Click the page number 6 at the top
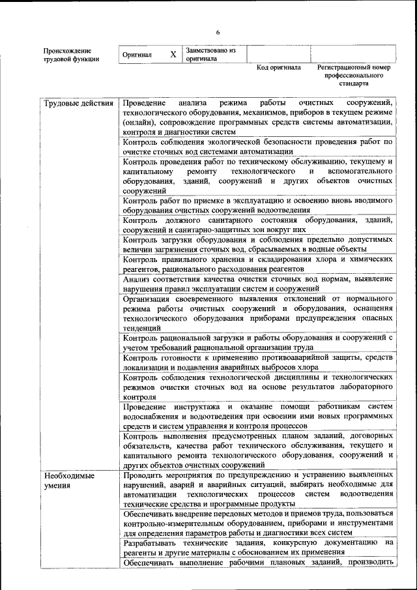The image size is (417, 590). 218,32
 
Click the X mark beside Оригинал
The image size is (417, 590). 173,55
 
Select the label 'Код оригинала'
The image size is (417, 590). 279,67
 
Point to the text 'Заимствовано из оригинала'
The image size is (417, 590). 210,54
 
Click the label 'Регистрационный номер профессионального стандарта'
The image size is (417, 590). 353,75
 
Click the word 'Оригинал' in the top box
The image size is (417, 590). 137,55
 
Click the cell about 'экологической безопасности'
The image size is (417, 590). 257,146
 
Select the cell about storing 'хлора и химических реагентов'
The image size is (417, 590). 257,264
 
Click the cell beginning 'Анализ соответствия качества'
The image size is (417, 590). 257,284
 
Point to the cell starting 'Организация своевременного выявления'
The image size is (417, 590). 257,313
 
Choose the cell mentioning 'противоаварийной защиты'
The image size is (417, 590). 257,362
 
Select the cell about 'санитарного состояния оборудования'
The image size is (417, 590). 257,224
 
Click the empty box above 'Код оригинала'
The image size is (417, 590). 278,54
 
